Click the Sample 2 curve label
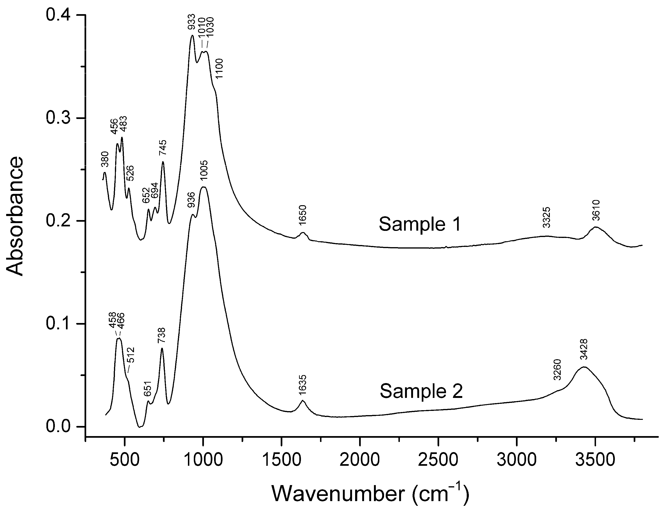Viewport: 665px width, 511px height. click(x=421, y=391)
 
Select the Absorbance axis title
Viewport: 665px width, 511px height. click(x=15, y=216)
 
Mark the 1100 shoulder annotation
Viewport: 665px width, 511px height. click(x=219, y=68)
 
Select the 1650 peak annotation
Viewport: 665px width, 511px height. click(x=303, y=215)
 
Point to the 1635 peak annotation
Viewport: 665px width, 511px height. click(x=303, y=385)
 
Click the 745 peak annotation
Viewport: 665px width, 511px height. click(x=163, y=147)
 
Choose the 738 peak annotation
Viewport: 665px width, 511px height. click(x=162, y=335)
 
